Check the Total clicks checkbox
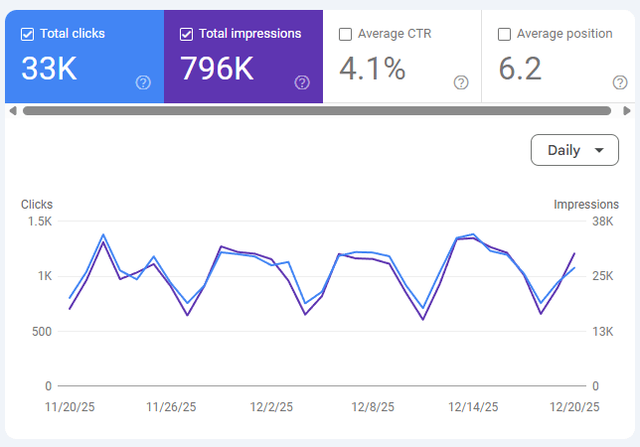point(28,34)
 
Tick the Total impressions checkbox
point(186,34)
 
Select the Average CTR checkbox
point(345,34)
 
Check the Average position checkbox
point(504,34)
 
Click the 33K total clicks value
point(49,69)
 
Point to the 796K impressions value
point(217,69)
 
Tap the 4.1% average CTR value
point(373,69)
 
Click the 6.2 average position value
point(520,69)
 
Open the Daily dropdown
point(574,150)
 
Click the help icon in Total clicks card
point(143,82)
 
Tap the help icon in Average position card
point(620,82)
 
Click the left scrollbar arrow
point(13,111)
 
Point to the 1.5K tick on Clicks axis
point(40,222)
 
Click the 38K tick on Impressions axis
point(603,222)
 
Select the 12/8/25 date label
point(373,407)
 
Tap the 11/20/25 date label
point(70,407)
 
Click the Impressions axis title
point(586,205)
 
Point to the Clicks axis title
point(37,205)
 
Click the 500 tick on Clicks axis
point(42,332)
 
